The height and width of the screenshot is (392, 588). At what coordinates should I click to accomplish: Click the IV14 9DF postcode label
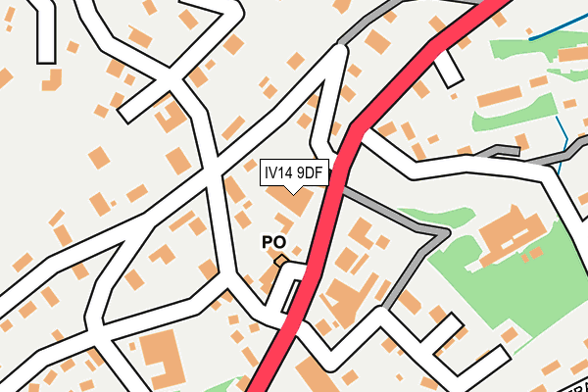tap(293, 172)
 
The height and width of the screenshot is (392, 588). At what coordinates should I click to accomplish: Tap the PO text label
tap(273, 241)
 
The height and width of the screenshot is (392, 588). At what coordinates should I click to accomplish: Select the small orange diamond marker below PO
tap(280, 261)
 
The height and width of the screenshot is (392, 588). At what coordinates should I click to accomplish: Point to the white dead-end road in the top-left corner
tap(43, 34)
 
